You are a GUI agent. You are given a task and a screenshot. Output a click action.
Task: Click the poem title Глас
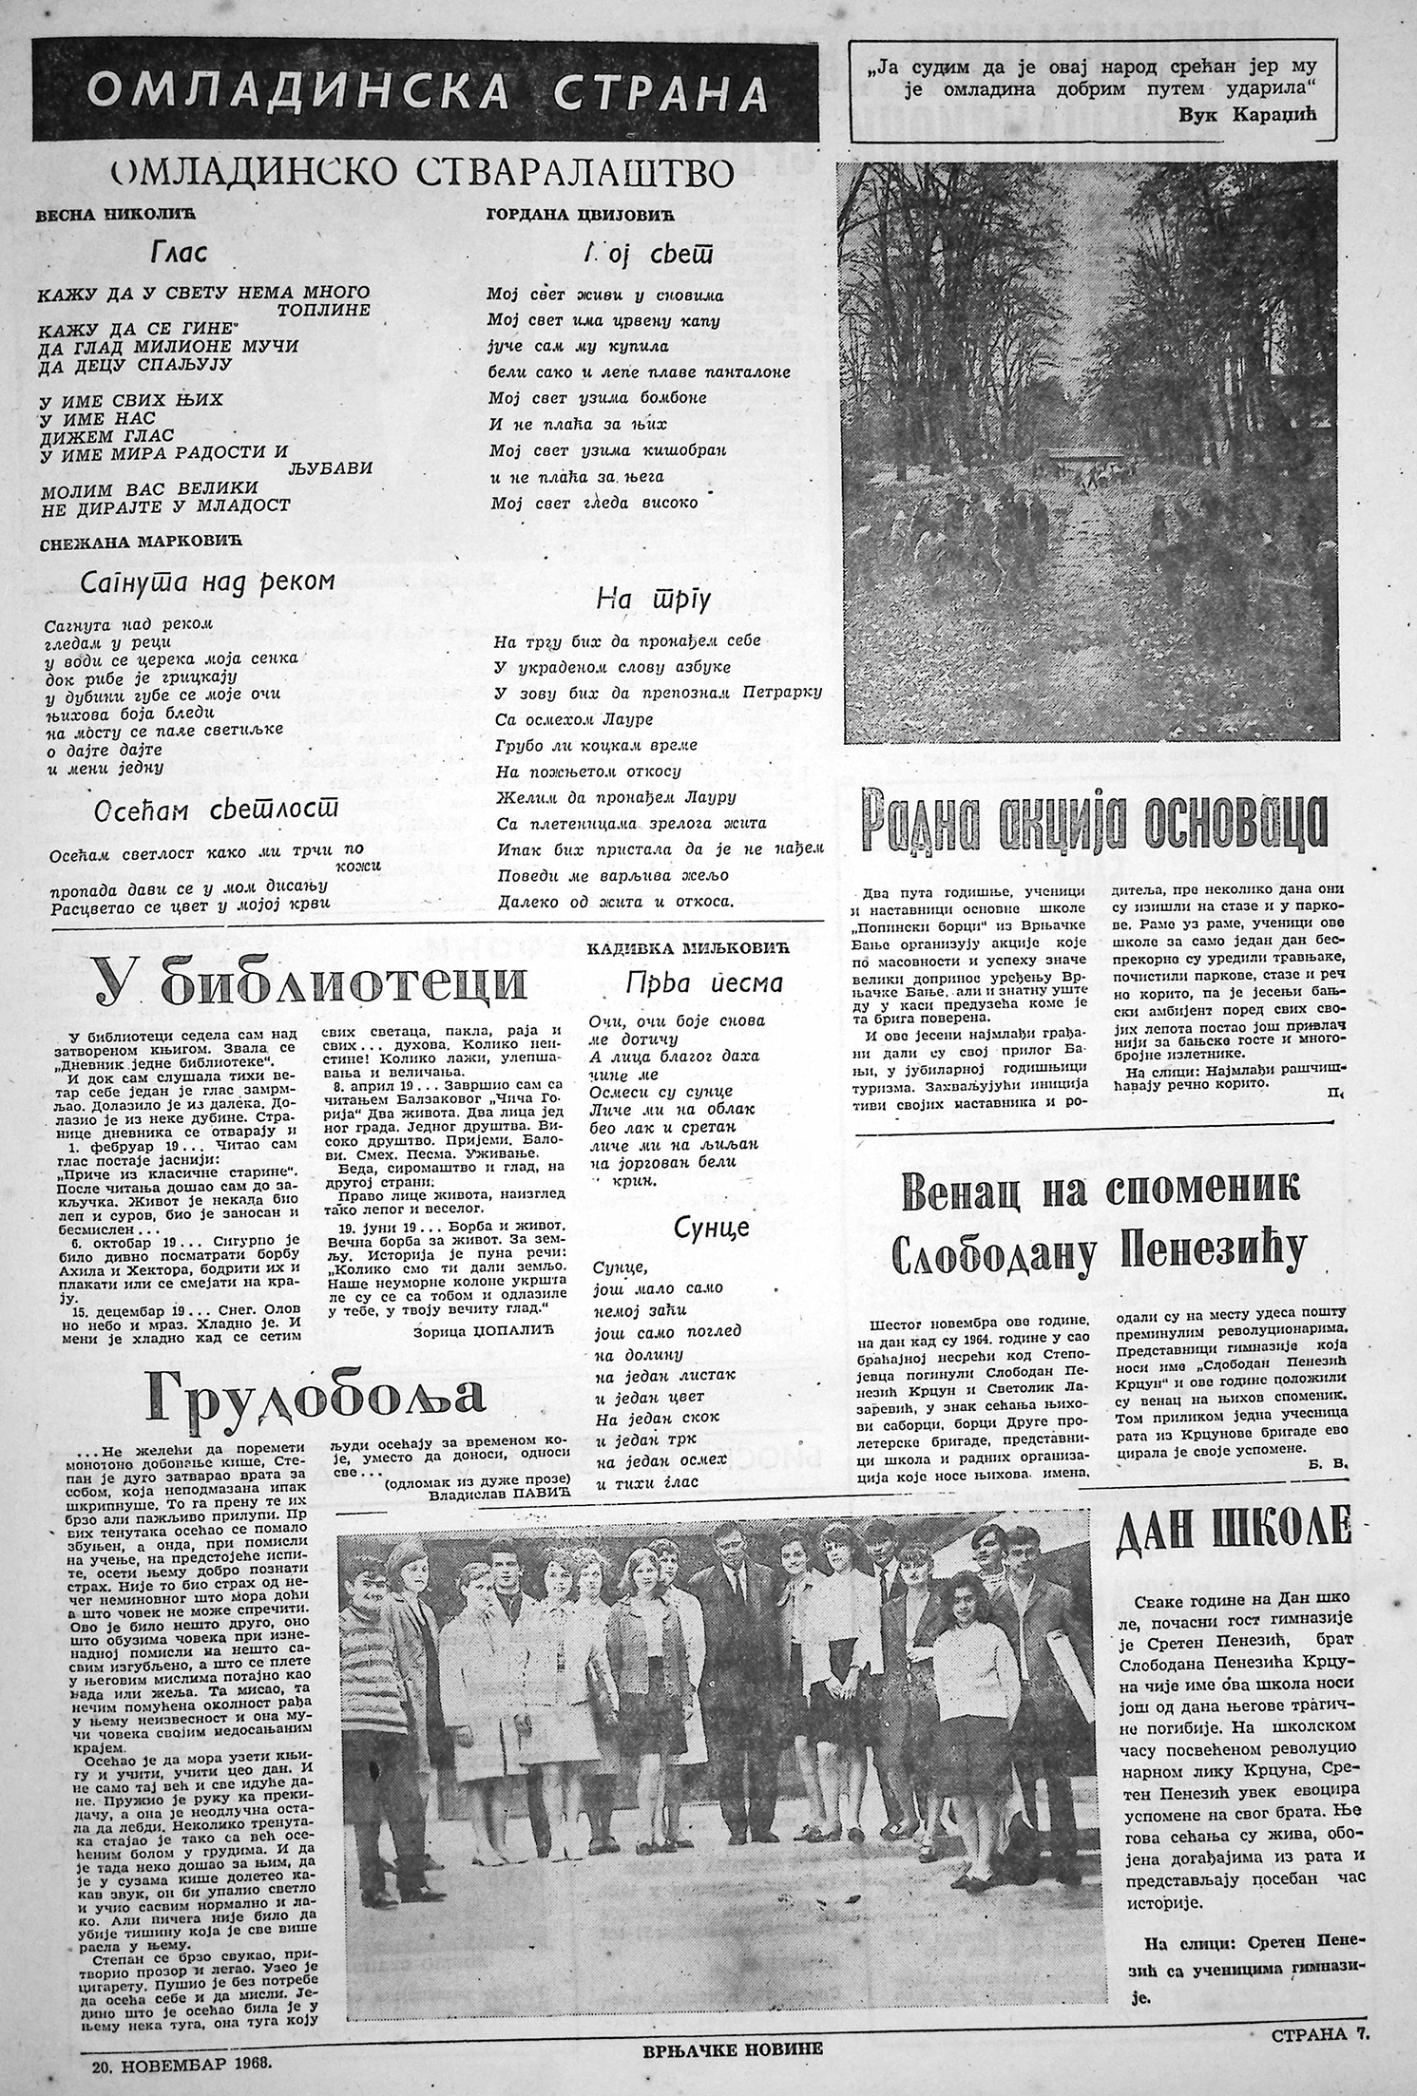coord(180,254)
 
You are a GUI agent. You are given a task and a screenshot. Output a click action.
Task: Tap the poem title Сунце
coord(712,1228)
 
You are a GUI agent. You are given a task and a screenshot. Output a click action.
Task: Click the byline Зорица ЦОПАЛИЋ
coord(483,1333)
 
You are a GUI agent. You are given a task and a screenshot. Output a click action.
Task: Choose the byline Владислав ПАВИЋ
coord(492,1496)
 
